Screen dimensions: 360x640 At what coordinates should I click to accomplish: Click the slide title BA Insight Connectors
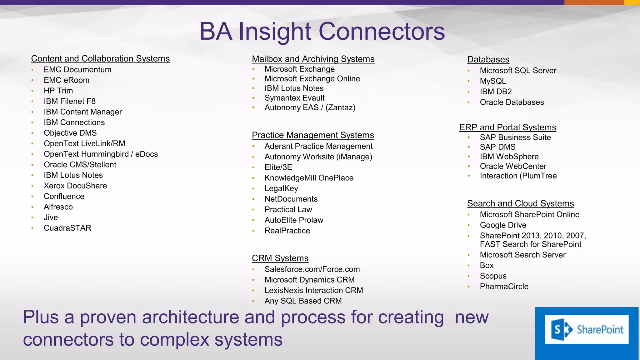(322, 31)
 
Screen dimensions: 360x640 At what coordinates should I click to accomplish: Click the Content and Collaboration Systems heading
(100, 58)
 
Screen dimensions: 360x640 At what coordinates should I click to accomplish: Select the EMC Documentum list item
(77, 69)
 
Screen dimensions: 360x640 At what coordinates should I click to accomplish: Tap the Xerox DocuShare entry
(75, 186)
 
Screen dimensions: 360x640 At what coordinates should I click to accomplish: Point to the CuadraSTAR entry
(67, 228)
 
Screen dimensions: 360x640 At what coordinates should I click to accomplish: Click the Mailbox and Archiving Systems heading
(313, 59)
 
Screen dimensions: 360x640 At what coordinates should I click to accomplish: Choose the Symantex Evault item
(294, 98)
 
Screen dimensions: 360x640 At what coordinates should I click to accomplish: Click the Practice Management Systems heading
(313, 135)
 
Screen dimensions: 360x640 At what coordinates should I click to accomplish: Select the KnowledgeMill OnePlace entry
(309, 178)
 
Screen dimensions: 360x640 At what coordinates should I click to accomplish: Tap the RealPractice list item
(287, 231)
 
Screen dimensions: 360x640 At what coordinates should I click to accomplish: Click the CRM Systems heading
(280, 258)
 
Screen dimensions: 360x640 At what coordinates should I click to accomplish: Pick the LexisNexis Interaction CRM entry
(313, 290)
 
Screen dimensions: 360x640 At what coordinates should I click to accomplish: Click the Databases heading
(488, 59)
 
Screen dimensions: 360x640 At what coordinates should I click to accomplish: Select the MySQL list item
(493, 81)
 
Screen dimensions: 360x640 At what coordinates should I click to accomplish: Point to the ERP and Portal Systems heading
(507, 127)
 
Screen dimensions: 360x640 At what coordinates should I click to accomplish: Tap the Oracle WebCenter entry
(513, 166)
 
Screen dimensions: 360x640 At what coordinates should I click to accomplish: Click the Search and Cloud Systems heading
(520, 203)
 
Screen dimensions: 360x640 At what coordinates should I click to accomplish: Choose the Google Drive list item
(503, 225)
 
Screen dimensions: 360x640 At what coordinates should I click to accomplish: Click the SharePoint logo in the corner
(587, 330)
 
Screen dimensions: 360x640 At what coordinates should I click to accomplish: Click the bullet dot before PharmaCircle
(469, 287)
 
